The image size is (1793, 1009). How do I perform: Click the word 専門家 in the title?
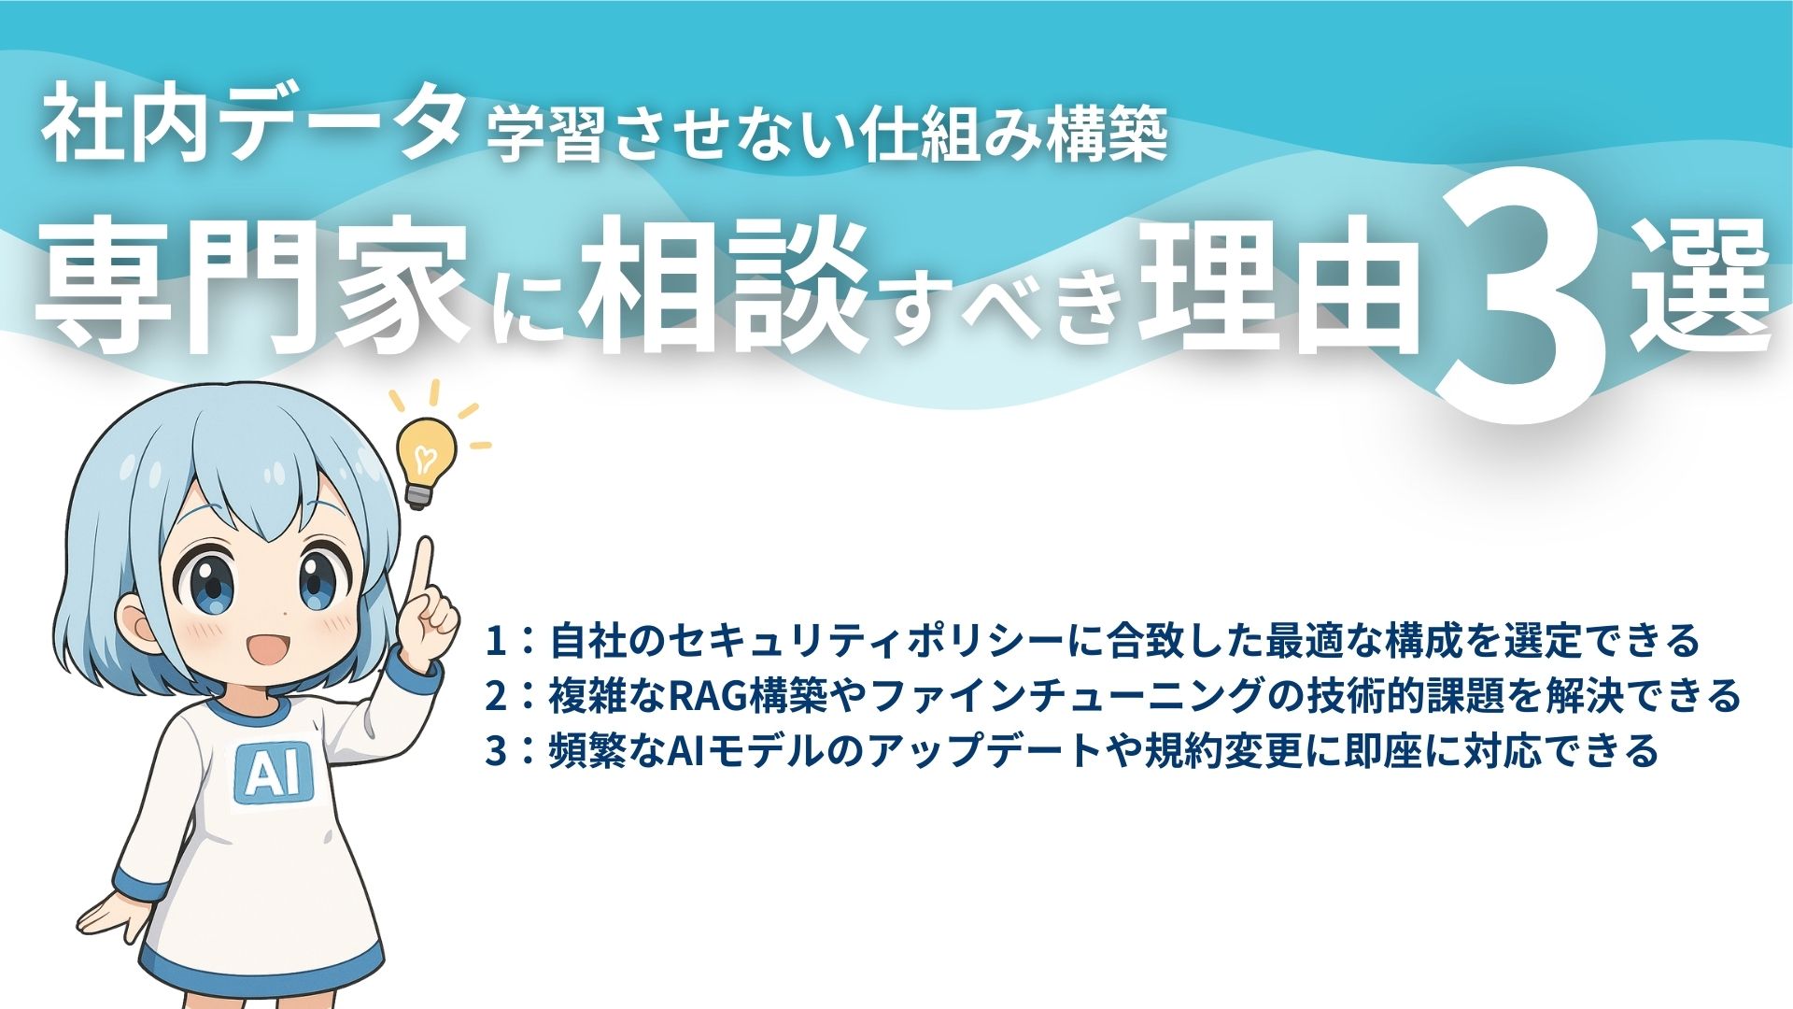252,285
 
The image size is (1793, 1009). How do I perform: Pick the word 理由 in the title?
1279,285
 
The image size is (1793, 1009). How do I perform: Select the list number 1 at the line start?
495,641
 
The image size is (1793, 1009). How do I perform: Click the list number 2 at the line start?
495,696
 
